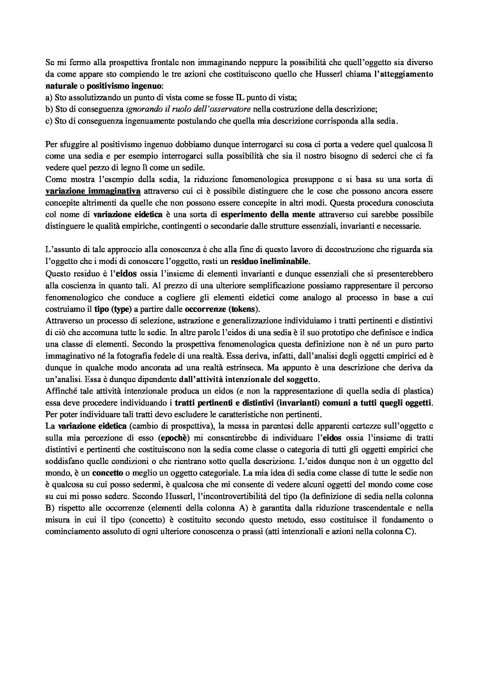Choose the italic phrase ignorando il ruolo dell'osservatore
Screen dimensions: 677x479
[x=188, y=109]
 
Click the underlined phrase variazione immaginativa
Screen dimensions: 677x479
[x=93, y=191]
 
